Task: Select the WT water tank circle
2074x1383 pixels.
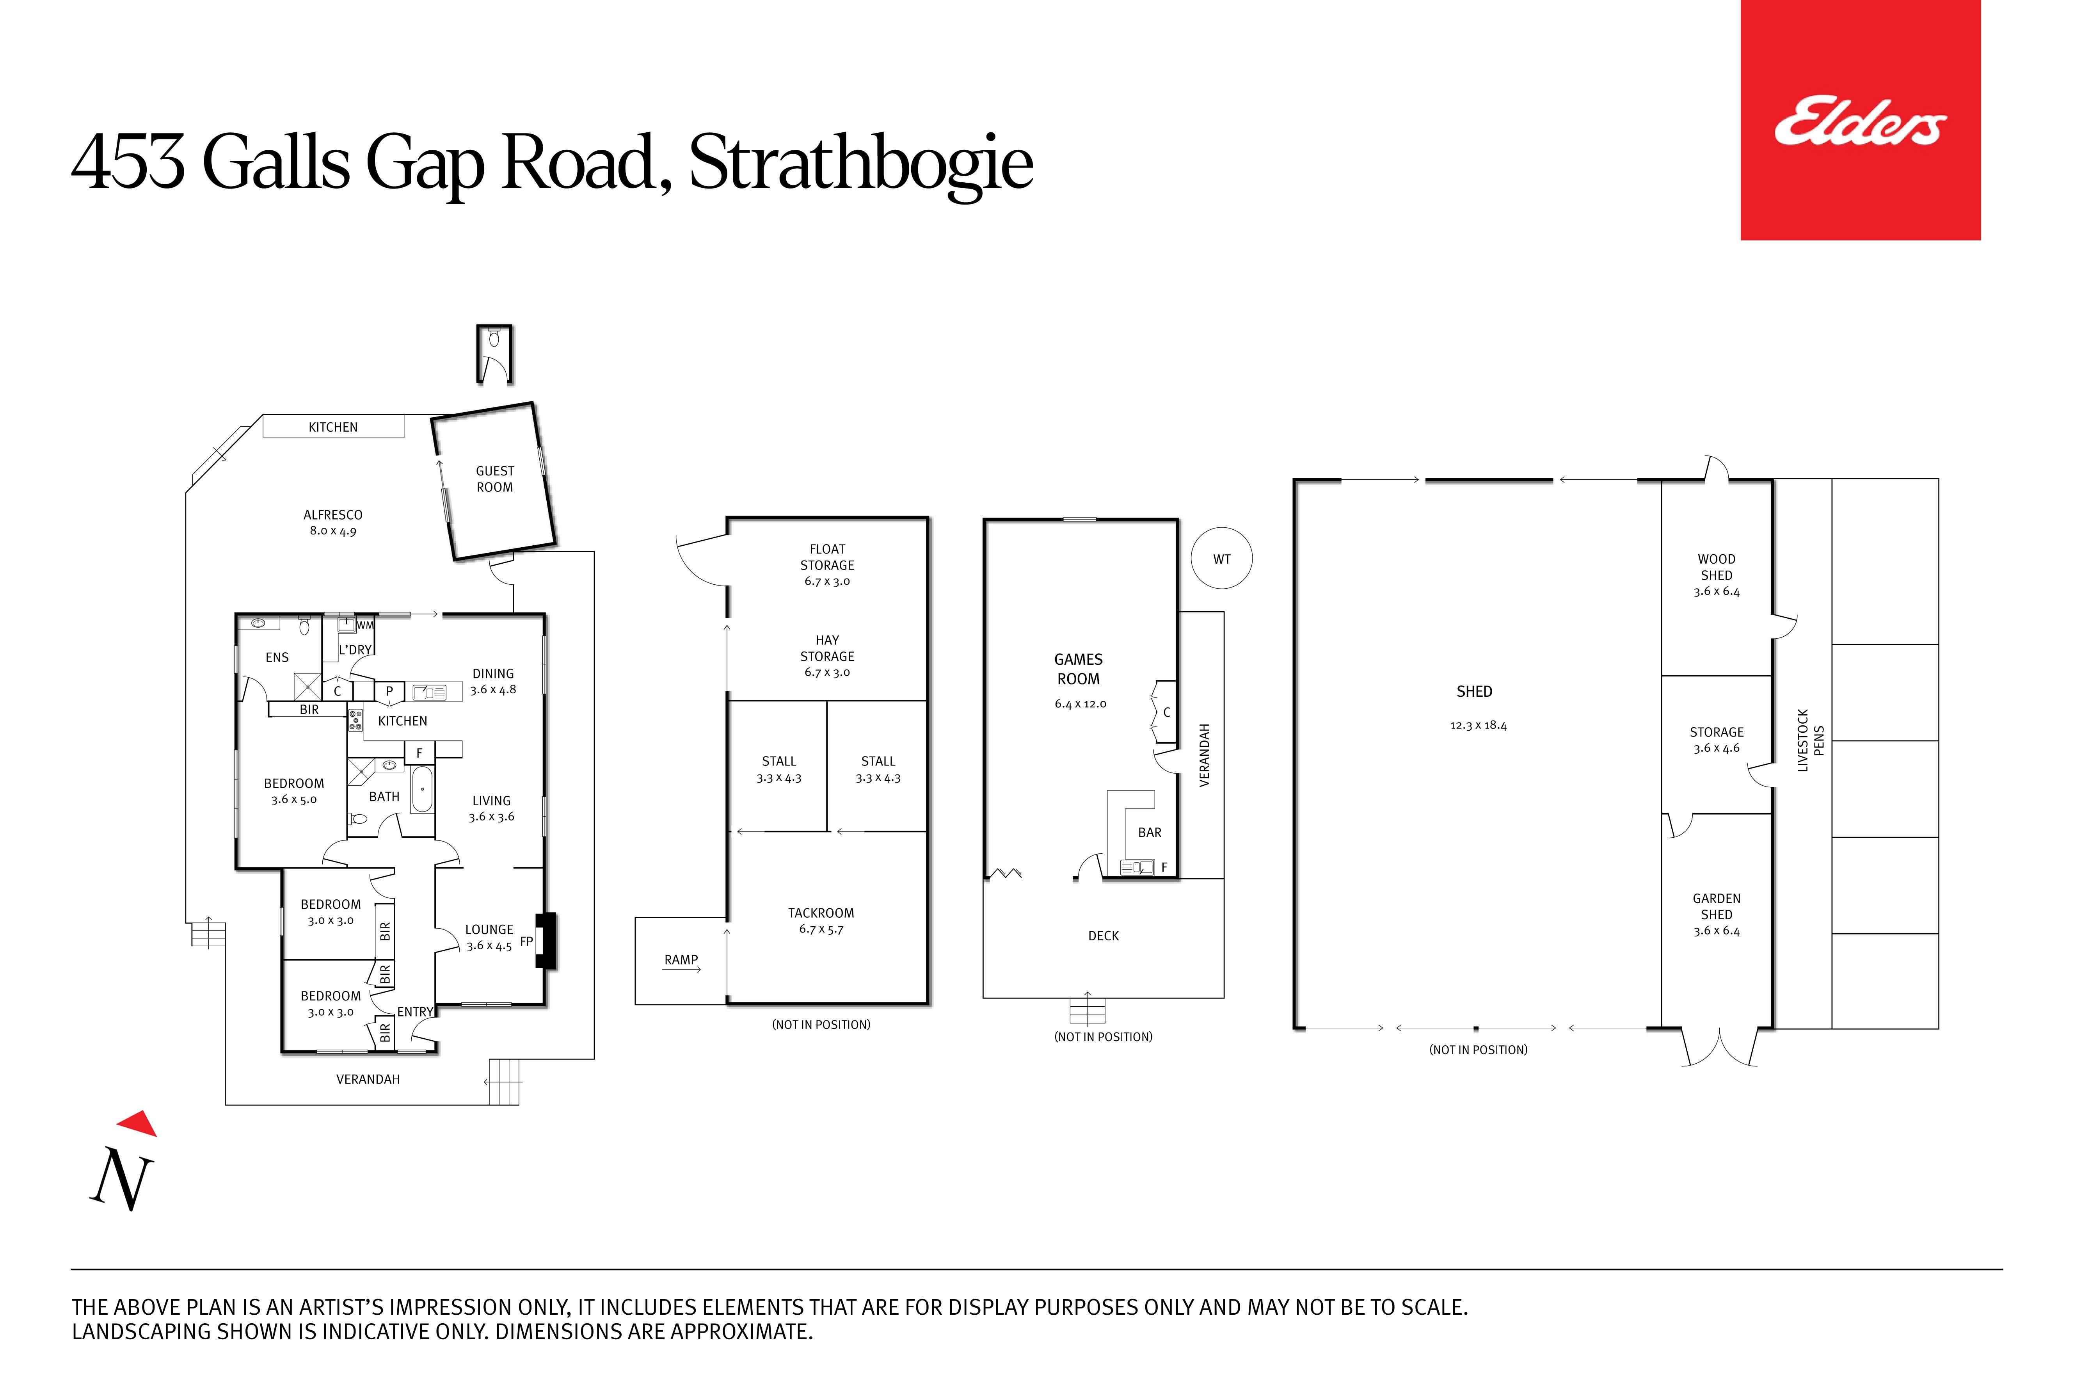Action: coord(1221,558)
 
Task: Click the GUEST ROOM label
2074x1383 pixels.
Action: coord(495,479)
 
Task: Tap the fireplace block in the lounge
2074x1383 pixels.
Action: coord(547,940)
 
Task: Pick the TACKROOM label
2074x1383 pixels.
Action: coord(821,913)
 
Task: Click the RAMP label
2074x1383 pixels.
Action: coord(681,959)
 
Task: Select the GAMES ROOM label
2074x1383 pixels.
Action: coord(1079,669)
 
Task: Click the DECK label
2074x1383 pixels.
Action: coord(1103,936)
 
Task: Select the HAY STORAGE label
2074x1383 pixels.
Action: coord(827,648)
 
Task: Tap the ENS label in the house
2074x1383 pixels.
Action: coord(277,657)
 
